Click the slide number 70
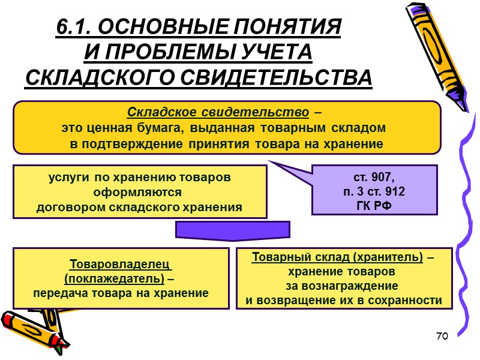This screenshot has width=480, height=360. [443, 336]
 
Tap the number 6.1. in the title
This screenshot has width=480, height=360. [74, 27]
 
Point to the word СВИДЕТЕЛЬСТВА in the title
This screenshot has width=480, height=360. [275, 77]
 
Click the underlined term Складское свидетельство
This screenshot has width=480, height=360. [218, 112]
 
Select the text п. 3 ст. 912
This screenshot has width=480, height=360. [374, 192]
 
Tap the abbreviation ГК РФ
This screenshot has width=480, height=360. [374, 205]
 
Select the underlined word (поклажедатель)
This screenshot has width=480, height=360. [113, 279]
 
